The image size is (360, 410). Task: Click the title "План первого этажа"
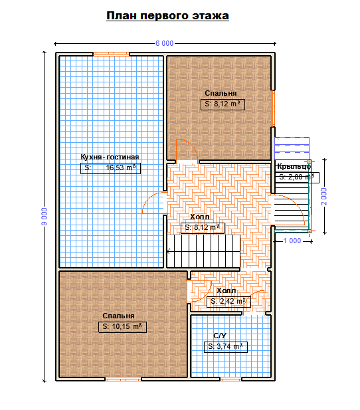(x=167, y=16)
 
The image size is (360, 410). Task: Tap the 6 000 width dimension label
(x=165, y=43)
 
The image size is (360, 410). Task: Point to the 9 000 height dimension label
(x=45, y=217)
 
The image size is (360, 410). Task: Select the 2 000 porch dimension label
(x=324, y=197)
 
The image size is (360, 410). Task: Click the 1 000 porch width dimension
(x=292, y=241)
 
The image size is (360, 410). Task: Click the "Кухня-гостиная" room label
(x=110, y=157)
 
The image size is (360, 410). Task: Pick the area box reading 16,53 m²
(x=110, y=168)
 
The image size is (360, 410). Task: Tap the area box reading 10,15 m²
(x=122, y=327)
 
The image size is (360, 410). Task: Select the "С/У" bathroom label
(x=220, y=336)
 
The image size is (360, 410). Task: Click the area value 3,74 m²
(x=226, y=347)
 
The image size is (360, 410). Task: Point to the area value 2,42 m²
(x=228, y=302)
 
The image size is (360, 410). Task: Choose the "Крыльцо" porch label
(x=294, y=166)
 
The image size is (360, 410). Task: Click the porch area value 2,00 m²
(x=297, y=177)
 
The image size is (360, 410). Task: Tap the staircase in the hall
(x=203, y=251)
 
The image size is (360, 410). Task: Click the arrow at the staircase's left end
(x=169, y=251)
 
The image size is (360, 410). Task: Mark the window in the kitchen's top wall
(x=112, y=54)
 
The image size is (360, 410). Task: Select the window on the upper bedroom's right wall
(x=273, y=108)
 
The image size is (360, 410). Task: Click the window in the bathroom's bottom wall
(x=231, y=379)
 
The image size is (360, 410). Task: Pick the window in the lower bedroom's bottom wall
(x=123, y=379)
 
